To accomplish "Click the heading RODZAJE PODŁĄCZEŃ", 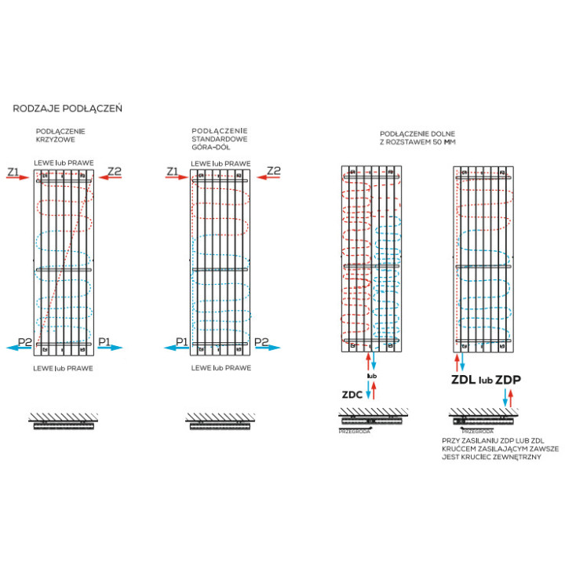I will tap(67, 108).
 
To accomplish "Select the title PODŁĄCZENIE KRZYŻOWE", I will tap(60, 135).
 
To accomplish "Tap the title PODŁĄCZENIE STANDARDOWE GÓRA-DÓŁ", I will tap(220, 139).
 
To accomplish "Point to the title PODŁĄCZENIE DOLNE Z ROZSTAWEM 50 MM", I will tap(417, 138).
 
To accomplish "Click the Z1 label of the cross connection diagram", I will tap(13, 171).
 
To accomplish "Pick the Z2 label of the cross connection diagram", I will tap(115, 171).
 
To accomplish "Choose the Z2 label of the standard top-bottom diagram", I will tap(274, 171).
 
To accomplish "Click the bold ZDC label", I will tap(352, 395).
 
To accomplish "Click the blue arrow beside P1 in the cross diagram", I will tap(110, 352).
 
